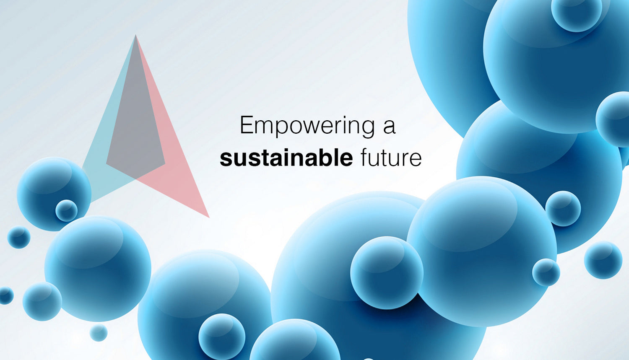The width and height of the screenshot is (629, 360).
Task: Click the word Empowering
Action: coord(307,127)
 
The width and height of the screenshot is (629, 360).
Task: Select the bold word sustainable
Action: coord(286,158)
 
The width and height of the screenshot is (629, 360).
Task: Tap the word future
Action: coord(391,158)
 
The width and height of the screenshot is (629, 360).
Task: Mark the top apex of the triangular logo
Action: coord(135,35)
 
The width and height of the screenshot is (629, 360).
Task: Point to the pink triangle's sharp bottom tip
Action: coord(209,218)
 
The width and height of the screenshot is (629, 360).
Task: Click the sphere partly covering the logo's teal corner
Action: coord(54,194)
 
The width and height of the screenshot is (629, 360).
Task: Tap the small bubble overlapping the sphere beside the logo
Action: coord(67,210)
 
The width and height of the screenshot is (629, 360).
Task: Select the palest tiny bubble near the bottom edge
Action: coord(99,333)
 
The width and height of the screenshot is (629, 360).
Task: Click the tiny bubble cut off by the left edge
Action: coord(6,295)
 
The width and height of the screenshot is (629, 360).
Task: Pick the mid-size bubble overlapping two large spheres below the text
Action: coord(387,273)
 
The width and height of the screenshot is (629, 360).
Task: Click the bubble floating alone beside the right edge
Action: coord(603,260)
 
